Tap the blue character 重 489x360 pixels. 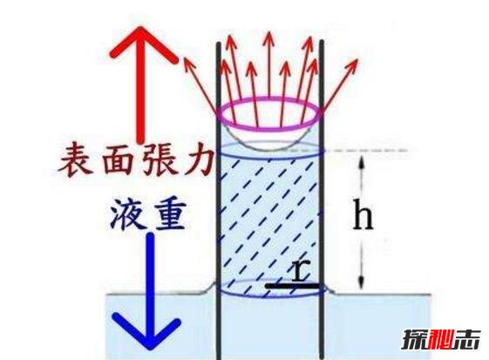click(169, 214)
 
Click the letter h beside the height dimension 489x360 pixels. click(363, 214)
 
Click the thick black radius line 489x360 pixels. click(292, 285)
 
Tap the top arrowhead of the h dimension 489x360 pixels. click(362, 161)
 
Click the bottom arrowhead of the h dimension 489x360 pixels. click(361, 282)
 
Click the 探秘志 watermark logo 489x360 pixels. click(440, 339)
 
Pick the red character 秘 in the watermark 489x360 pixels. click(440, 339)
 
